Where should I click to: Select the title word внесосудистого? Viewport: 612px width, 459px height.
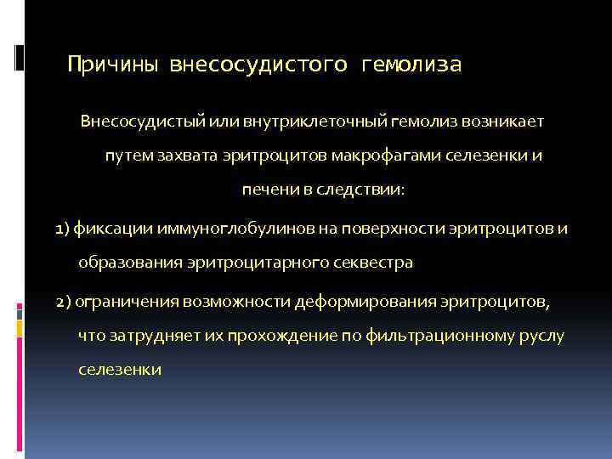point(258,65)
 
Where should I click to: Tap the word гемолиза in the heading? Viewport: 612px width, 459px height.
point(411,65)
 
